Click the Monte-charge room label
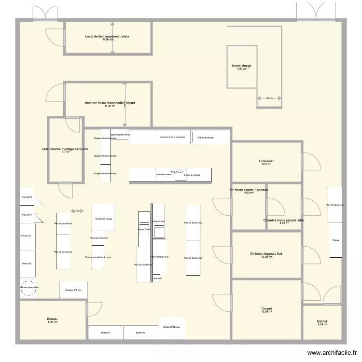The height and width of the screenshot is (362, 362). coord(241,66)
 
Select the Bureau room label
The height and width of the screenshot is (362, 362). coord(52,320)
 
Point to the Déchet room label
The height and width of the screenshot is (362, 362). coord(322,321)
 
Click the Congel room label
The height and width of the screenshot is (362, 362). coord(266,309)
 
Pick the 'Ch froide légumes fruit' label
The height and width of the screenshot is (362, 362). coord(266,254)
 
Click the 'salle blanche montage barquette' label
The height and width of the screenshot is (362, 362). coord(65,149)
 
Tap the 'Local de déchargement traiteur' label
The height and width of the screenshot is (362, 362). coord(107,37)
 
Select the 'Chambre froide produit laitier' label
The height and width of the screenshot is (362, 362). coord(284,220)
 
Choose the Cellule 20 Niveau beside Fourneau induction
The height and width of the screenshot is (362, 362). coord(104,219)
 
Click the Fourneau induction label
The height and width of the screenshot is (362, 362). coord(99,238)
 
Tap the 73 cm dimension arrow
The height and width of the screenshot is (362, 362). coord(76,211)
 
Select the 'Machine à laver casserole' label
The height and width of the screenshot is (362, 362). coord(173,137)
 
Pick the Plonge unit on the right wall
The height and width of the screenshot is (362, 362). coord(335,240)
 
